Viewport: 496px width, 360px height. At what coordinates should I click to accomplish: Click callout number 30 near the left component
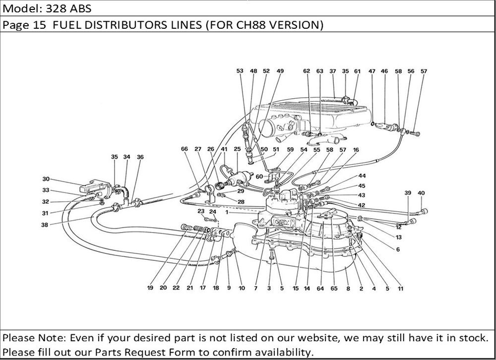[x=46, y=179]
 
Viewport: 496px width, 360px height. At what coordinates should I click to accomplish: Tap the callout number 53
[x=240, y=71]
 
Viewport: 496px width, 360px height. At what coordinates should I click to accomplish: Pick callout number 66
[x=185, y=149]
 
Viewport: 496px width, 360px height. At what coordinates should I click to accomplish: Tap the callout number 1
[x=227, y=212]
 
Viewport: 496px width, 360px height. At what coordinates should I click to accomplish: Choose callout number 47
[x=372, y=71]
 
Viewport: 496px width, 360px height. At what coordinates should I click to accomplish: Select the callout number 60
[x=259, y=176]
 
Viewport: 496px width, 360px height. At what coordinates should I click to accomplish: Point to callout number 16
[x=356, y=149]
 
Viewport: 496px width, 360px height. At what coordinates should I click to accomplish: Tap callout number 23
[x=201, y=211]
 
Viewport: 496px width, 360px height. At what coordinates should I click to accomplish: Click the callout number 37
[x=332, y=71]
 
